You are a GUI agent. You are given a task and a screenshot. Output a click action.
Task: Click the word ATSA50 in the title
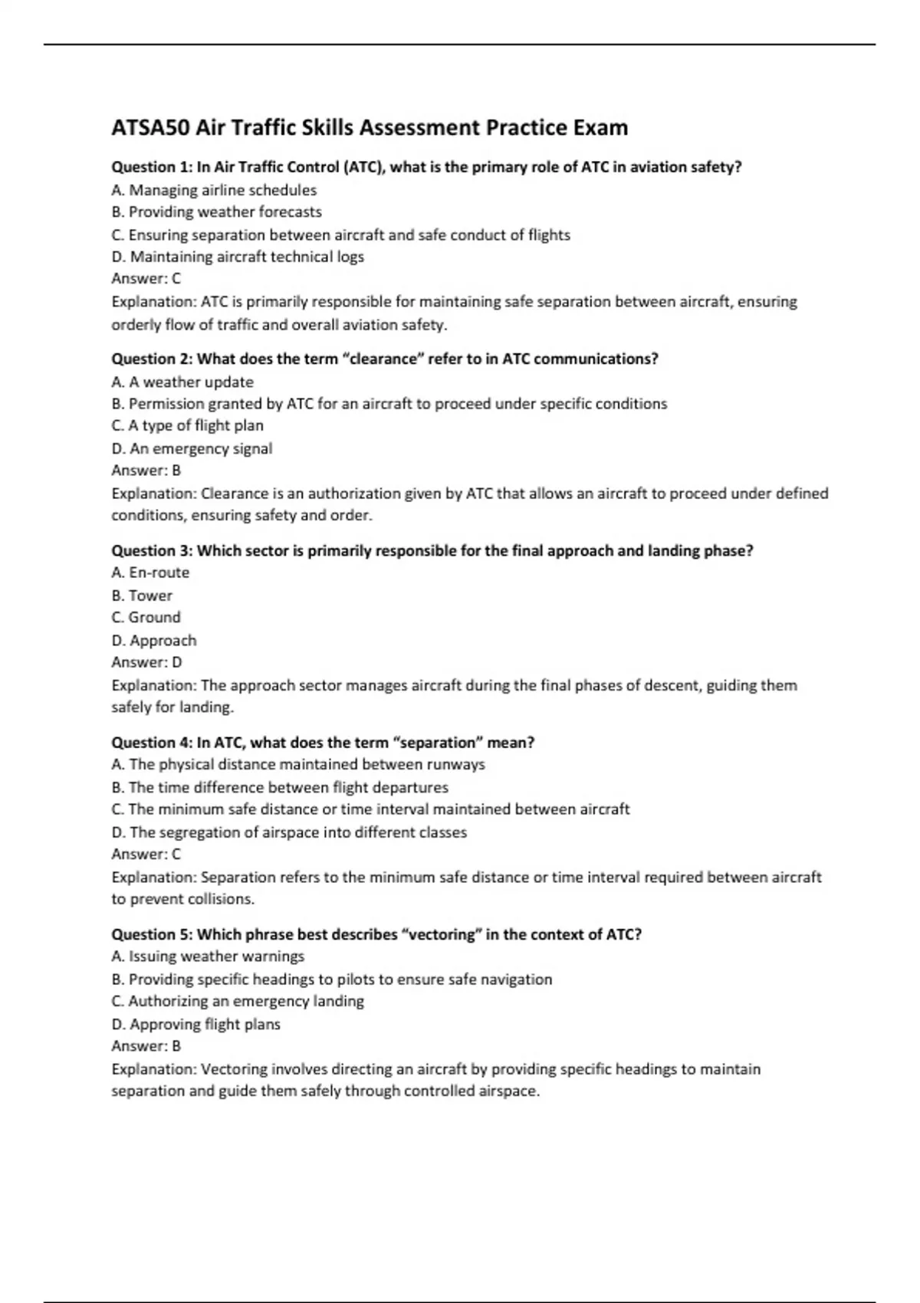[150, 127]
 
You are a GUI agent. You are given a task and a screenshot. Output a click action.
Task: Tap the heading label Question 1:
[152, 167]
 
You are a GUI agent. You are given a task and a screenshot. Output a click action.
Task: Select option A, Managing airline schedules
[214, 190]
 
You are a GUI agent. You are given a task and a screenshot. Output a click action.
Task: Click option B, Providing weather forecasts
[217, 212]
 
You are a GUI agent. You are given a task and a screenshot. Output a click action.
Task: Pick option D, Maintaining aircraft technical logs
[238, 257]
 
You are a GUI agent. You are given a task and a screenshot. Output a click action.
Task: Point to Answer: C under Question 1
[146, 279]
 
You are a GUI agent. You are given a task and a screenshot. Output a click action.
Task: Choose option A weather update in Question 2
[182, 382]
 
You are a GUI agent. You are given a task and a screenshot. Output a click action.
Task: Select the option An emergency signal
[192, 448]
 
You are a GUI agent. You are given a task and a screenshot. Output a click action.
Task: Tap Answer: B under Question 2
[146, 471]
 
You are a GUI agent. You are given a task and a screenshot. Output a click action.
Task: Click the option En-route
[150, 573]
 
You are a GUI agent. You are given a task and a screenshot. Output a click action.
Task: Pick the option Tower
[142, 596]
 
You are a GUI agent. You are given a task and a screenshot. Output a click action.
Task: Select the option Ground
[146, 618]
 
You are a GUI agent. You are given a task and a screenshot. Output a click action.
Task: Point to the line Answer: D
[146, 662]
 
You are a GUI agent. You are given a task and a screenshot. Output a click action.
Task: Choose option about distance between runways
[298, 765]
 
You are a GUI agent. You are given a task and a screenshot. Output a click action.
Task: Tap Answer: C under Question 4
[146, 854]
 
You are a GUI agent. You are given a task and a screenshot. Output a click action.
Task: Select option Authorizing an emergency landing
[238, 1002]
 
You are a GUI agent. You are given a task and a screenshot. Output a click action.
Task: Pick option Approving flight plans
[196, 1024]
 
